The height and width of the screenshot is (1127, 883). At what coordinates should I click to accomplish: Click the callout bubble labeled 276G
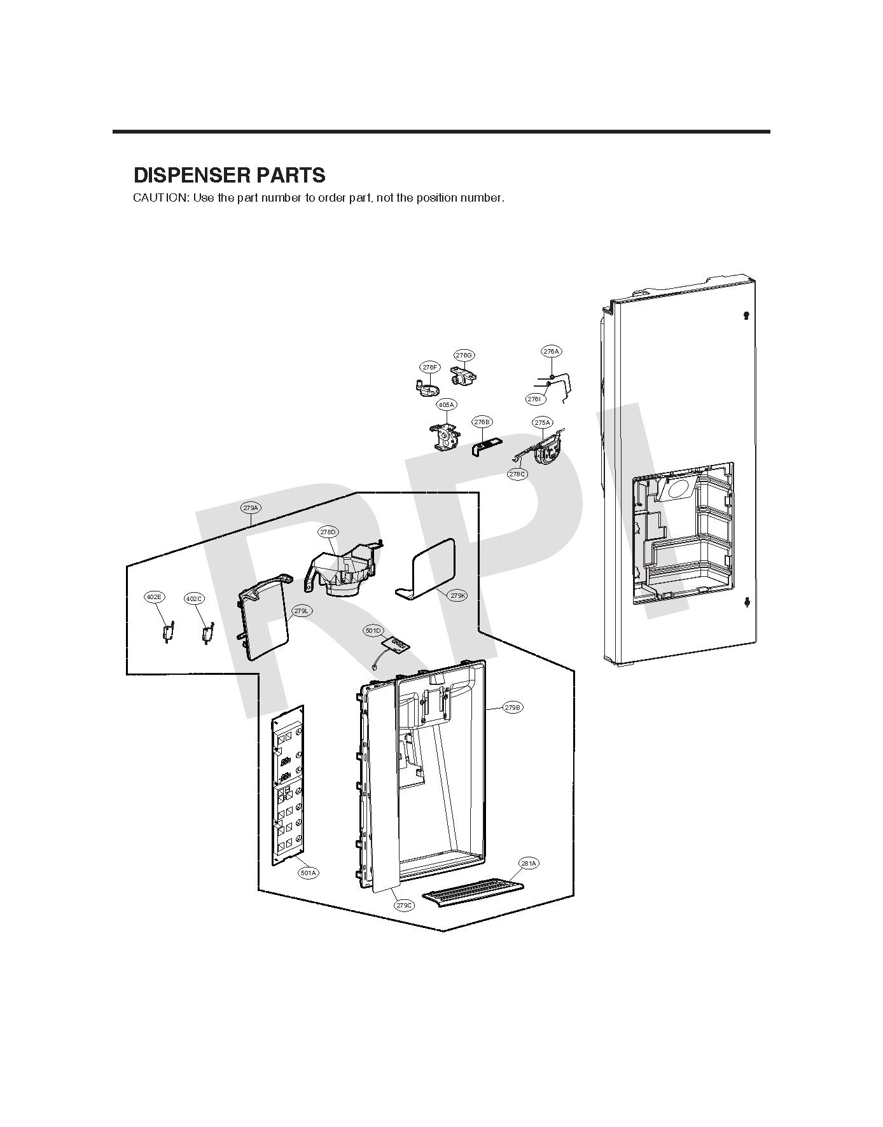[x=464, y=355]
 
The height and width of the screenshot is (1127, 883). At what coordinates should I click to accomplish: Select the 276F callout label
[x=430, y=368]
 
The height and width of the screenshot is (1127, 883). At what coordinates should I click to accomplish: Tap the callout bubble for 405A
[x=446, y=404]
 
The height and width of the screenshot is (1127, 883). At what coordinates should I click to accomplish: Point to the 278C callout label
[x=517, y=474]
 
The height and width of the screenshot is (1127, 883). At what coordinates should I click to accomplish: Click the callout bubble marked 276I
[x=534, y=399]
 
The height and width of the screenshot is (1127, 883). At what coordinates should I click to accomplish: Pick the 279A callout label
[x=250, y=508]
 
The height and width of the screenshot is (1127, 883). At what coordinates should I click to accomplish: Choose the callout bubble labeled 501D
[x=373, y=631]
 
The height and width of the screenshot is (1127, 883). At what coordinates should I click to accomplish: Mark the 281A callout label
[x=529, y=863]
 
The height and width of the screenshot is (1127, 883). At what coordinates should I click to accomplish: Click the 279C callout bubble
[x=404, y=905]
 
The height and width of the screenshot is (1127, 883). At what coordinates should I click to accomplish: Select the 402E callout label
[x=153, y=597]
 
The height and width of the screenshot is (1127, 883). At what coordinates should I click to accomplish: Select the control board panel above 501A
[x=288, y=785]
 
